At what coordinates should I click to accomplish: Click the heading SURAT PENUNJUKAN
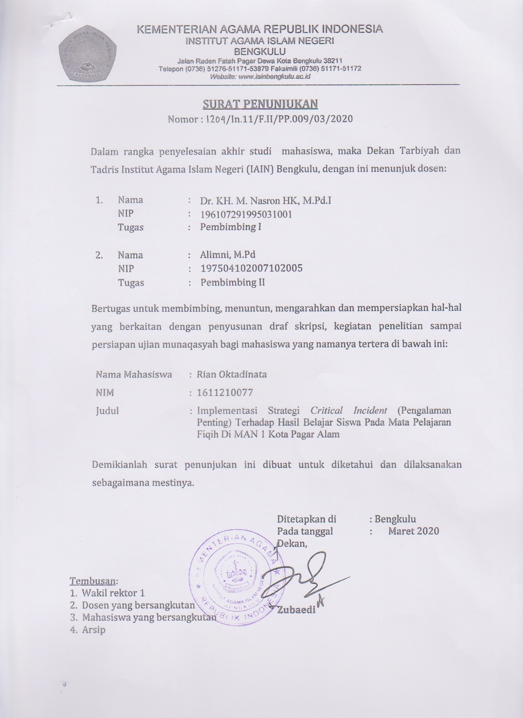tap(260, 104)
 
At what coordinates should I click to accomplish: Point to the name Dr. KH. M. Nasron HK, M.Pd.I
tap(265, 201)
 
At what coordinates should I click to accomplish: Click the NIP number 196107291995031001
tap(246, 214)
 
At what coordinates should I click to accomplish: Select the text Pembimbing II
tap(232, 282)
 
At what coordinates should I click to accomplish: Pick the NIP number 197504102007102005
tap(251, 268)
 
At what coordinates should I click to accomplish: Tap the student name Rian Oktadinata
tap(232, 374)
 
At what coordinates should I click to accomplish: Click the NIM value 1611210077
tap(225, 393)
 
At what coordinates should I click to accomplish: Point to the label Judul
tap(107, 410)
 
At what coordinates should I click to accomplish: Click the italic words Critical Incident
tap(349, 410)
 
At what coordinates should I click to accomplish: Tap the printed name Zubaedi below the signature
tap(296, 609)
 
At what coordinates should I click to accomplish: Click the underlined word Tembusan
tap(94, 581)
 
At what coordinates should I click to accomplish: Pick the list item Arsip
tap(94, 629)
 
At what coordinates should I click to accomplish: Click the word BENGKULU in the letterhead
tap(259, 51)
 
